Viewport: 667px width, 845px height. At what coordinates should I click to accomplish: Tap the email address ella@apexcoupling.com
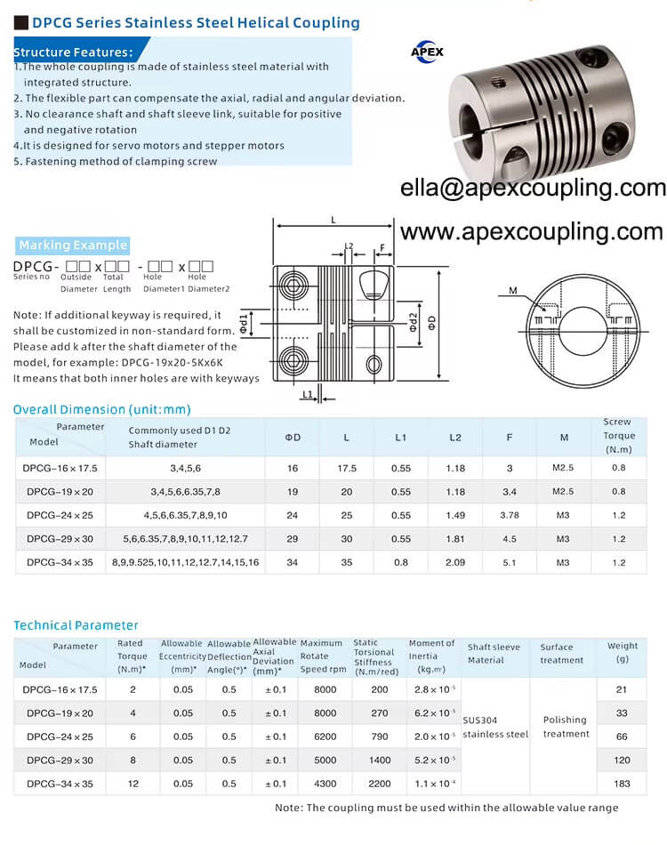[533, 188]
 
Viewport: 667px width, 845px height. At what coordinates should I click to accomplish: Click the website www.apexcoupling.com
[531, 231]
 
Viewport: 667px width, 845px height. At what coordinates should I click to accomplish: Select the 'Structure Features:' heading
[74, 52]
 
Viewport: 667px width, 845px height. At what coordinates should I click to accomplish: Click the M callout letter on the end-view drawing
[513, 290]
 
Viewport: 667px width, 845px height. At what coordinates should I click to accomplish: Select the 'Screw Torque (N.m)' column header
[619, 436]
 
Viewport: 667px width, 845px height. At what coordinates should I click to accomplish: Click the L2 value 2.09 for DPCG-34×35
[454, 561]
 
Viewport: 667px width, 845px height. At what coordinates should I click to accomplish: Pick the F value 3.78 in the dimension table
[510, 515]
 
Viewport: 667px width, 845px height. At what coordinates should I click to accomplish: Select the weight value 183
[622, 784]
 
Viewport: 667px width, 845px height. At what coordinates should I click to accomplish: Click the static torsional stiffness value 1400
[381, 760]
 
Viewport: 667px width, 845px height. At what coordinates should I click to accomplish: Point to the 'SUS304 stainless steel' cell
[496, 727]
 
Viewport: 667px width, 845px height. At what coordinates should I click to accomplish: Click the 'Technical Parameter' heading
[76, 624]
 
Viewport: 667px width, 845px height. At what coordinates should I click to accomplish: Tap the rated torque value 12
[132, 784]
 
